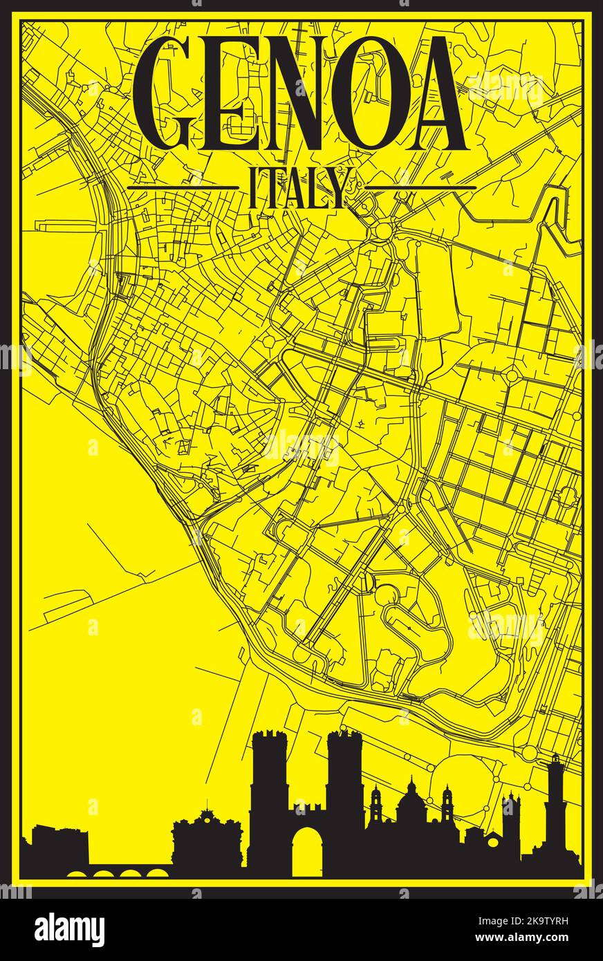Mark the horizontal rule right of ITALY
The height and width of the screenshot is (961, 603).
pyautogui.click(x=420, y=187)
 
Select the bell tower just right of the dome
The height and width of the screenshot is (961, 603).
pyautogui.click(x=447, y=805)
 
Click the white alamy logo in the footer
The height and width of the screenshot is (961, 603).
pyautogui.click(x=69, y=929)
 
